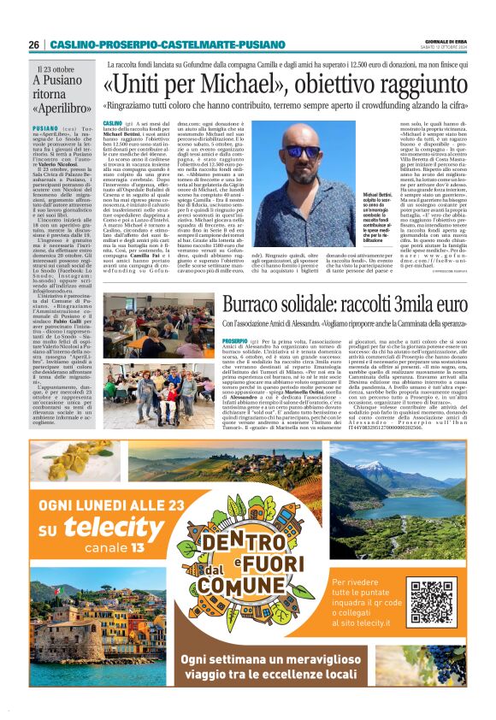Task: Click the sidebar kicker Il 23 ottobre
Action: [x=56, y=68]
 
